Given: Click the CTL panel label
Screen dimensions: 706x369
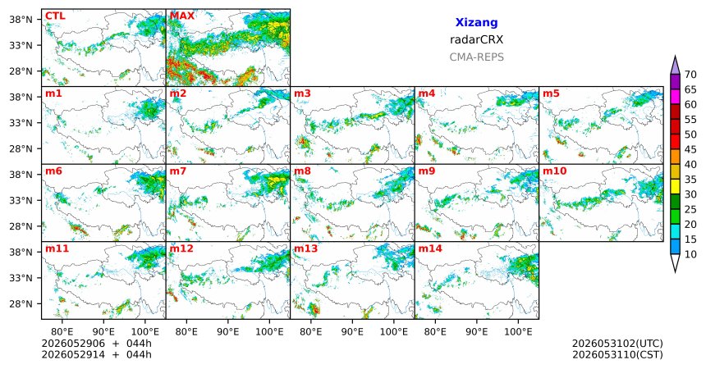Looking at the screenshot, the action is point(55,16).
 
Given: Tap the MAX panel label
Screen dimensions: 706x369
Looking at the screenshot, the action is point(182,16).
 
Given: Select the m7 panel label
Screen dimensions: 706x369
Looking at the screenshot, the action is point(178,171).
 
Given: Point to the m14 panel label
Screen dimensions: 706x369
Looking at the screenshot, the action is point(430,248).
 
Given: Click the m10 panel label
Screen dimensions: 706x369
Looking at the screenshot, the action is point(555,171).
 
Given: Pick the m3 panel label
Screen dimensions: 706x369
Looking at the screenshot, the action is point(302,93).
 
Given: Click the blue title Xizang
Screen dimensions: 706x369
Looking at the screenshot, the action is point(476,22).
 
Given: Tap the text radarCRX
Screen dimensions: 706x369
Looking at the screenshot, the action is point(476,39).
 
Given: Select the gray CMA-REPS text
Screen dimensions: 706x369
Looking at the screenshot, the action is point(476,57).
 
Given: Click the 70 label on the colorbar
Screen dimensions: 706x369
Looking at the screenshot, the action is point(690,75).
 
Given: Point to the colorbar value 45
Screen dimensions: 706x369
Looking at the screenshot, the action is point(690,149).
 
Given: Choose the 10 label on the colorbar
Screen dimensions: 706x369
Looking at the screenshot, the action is point(690,254).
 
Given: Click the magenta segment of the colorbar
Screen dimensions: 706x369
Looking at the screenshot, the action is point(675,97).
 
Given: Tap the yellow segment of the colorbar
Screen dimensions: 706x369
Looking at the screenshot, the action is point(675,187).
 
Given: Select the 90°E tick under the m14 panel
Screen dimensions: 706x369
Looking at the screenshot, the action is point(477,332).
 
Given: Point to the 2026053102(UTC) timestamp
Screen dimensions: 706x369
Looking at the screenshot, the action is point(617,344).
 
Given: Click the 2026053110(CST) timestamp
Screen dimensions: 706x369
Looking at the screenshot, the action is point(617,354).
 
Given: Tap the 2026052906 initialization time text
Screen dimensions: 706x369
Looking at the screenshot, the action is point(73,344).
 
